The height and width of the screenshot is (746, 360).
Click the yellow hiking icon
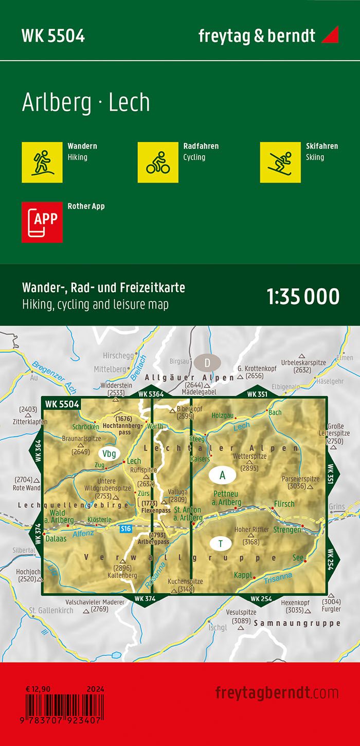[x=42, y=162]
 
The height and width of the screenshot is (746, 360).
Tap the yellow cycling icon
[x=158, y=162]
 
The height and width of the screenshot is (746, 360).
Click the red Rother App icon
[x=42, y=222]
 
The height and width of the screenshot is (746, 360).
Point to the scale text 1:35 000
[x=303, y=297]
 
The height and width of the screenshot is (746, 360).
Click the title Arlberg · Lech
[x=86, y=103]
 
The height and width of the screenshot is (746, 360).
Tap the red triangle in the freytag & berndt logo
[x=330, y=35]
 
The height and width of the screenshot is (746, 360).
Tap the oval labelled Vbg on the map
[x=109, y=453]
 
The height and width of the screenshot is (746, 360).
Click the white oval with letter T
[x=221, y=543]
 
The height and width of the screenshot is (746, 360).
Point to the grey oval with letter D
[x=207, y=363]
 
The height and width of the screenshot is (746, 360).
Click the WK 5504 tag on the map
[x=62, y=404]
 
